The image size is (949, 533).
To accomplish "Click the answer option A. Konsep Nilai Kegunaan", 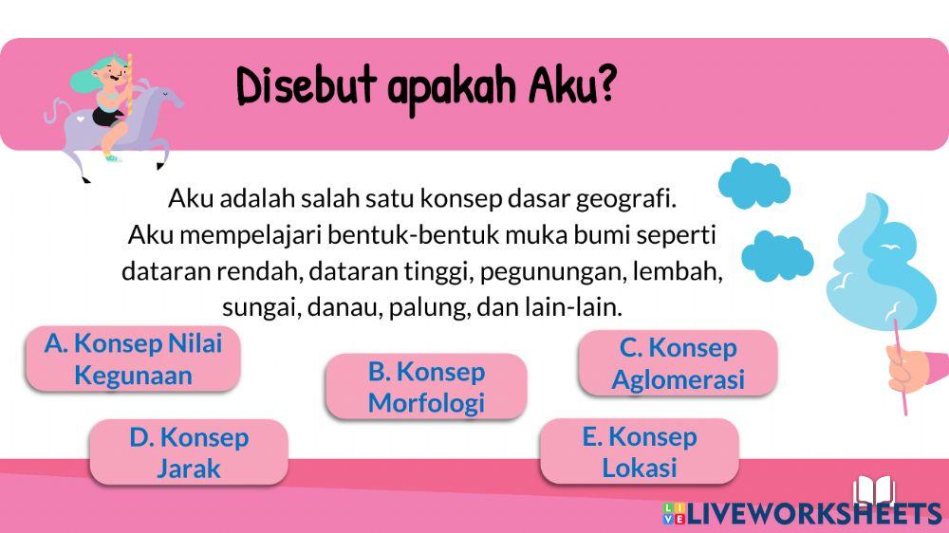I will tap(132, 358).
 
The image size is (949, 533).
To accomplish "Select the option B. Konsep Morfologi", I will tap(425, 386).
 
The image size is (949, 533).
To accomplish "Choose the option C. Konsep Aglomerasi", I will tap(678, 363).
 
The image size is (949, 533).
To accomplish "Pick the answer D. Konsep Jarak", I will tap(188, 451).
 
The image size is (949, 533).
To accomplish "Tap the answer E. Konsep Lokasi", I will tap(639, 451).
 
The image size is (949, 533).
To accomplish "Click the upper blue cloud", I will tap(754, 182).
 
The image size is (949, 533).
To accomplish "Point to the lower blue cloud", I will tap(776, 254).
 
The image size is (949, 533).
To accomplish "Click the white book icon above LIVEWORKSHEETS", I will tap(874, 490).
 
